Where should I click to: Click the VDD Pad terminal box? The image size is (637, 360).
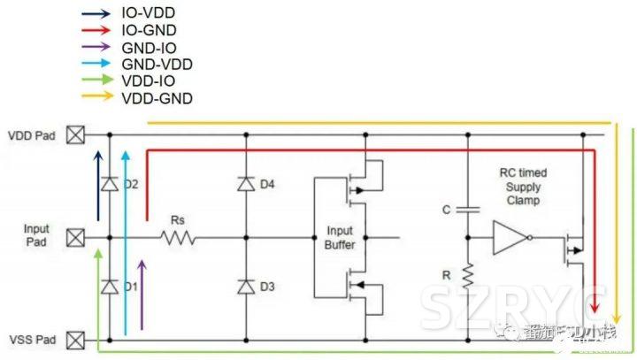coord(77,135)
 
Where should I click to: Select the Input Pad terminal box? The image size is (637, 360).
coord(77,237)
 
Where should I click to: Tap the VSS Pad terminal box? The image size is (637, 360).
coord(77,339)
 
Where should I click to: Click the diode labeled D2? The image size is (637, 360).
coord(109,184)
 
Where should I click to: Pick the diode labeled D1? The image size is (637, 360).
coord(109,287)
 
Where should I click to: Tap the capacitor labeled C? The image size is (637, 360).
coord(468,209)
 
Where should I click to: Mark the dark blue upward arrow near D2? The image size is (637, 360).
coord(98,186)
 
